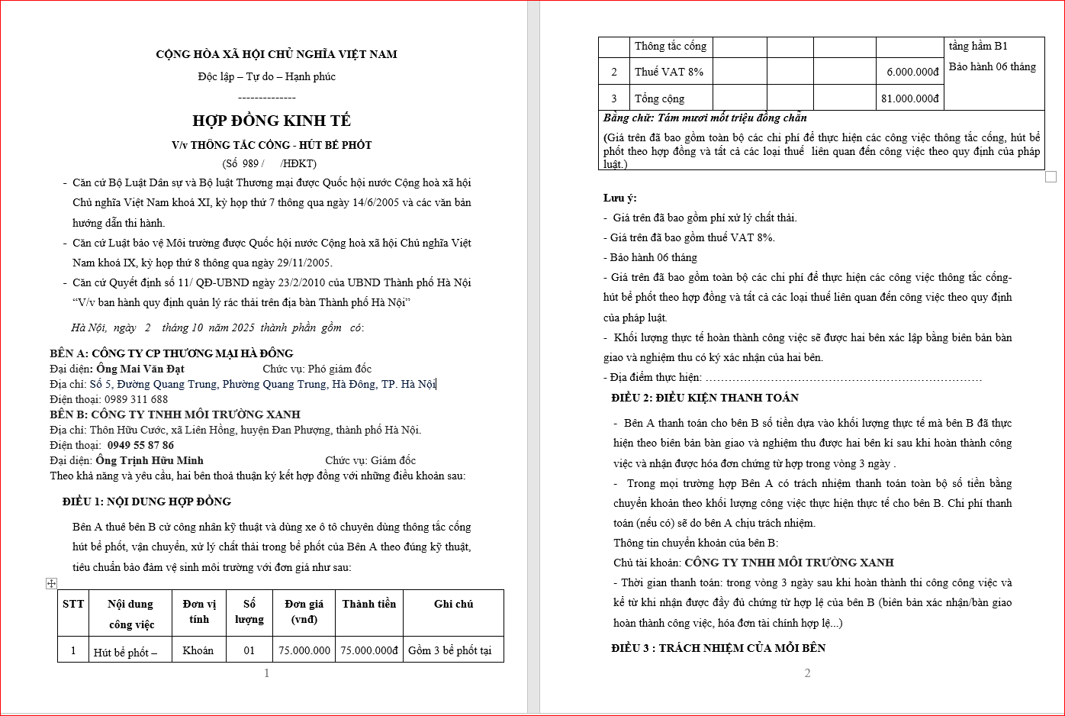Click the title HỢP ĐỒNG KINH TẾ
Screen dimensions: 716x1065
(272, 121)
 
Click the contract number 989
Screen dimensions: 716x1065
(251, 163)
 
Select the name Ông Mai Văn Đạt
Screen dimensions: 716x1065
(140, 369)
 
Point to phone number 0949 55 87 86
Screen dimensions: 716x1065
(140, 445)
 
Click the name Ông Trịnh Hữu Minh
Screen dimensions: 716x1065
(150, 460)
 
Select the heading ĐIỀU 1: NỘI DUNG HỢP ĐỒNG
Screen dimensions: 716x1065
(146, 502)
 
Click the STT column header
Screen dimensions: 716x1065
(73, 604)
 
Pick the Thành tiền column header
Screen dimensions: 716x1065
(368, 604)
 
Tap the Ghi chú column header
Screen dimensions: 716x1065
(453, 604)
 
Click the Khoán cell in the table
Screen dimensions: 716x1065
(198, 650)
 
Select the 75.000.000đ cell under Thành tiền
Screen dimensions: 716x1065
(369, 650)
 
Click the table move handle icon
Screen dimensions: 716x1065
(51, 583)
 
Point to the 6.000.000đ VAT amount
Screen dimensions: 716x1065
(912, 72)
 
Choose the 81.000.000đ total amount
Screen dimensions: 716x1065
(909, 98)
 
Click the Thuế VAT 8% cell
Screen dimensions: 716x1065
(669, 72)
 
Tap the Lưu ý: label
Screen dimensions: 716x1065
(619, 198)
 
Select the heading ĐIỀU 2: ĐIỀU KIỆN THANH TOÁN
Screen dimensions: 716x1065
(704, 398)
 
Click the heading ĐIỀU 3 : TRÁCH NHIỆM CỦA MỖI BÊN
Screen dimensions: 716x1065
(718, 648)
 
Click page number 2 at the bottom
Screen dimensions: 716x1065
(807, 673)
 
